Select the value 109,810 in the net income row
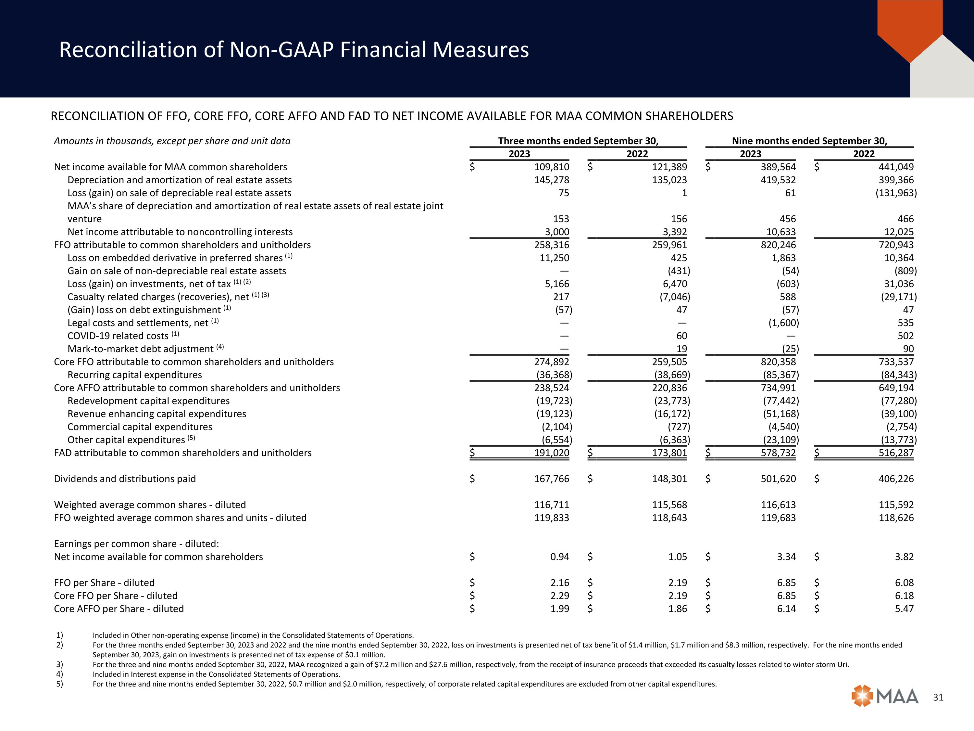tap(551, 167)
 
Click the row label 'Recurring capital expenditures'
tap(134, 375)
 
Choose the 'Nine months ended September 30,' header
tap(809, 141)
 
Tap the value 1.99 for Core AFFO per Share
tap(560, 609)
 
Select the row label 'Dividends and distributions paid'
tap(125, 479)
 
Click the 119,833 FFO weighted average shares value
tap(551, 518)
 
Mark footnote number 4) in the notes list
tap(59, 674)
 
